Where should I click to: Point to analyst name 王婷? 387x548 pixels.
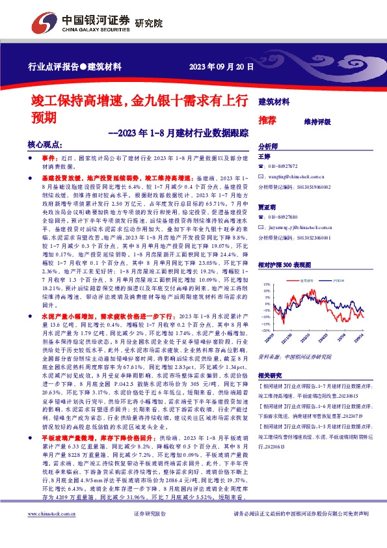[264, 157]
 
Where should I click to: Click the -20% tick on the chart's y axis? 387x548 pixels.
[267, 323]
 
